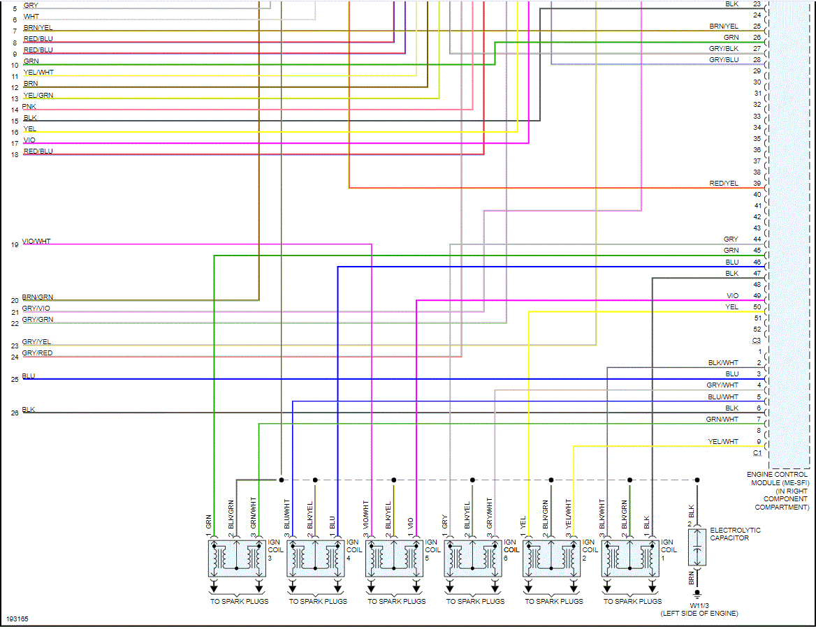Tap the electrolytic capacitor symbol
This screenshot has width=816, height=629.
point(696,547)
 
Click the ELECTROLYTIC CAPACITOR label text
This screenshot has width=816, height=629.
point(735,535)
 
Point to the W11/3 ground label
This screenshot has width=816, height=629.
point(699,605)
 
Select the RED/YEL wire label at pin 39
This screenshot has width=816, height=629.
point(724,184)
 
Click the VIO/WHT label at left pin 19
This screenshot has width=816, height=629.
point(36,242)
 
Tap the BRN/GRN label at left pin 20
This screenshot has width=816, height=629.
point(37,297)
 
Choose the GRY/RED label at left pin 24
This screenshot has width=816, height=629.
point(37,353)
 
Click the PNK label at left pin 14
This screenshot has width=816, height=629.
point(29,106)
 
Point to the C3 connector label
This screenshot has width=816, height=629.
point(757,341)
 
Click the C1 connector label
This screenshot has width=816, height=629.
point(757,453)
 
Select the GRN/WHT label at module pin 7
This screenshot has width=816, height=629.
point(722,420)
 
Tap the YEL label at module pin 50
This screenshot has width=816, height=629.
point(731,307)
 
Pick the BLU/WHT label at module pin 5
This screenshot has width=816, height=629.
point(722,397)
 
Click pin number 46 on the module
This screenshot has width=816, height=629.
point(757,262)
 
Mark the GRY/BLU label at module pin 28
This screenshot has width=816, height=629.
point(724,60)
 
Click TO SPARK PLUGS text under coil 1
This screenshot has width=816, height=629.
point(632,601)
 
